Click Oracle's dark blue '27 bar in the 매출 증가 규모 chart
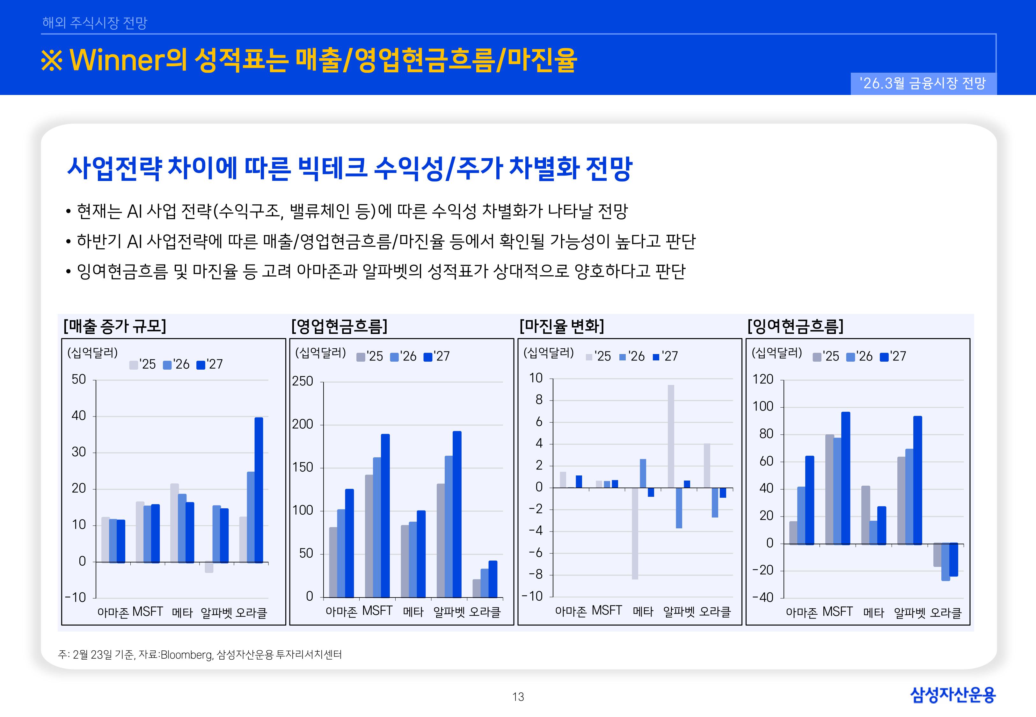point(259,490)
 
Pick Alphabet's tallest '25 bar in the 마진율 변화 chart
point(671,436)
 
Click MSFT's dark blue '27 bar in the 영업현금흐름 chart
point(385,515)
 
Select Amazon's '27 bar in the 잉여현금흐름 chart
point(810,500)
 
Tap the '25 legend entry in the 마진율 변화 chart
point(598,357)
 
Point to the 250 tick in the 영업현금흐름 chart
point(303,381)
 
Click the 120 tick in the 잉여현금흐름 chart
point(763,380)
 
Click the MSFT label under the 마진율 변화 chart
point(607,611)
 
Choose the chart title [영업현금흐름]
point(339,326)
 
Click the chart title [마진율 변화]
point(562,326)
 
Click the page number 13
point(518,697)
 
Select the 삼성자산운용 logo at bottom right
point(952,695)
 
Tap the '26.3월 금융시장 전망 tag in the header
point(923,83)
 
